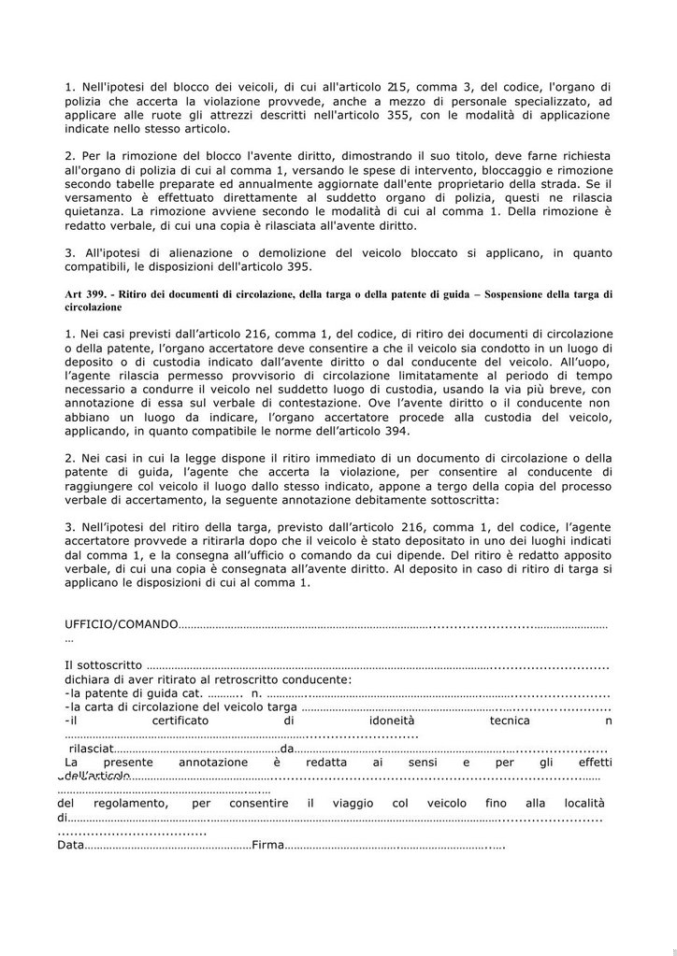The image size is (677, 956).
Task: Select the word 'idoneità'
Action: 388,721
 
